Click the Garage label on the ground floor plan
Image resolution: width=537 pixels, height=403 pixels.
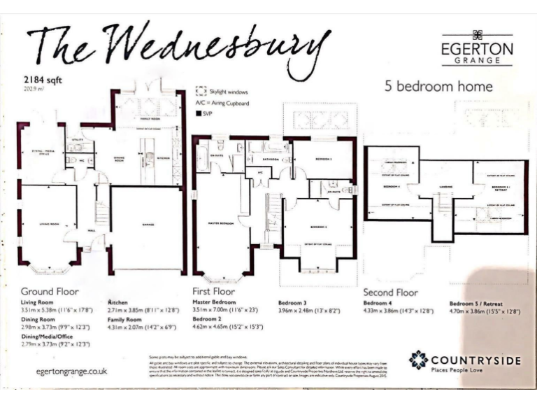[x=148, y=225]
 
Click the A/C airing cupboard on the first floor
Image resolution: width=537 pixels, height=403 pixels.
[x=259, y=171]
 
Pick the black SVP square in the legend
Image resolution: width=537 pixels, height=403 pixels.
[x=199, y=113]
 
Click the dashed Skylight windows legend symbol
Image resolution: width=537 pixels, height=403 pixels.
[x=201, y=91]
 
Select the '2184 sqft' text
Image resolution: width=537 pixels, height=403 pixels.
[x=43, y=80]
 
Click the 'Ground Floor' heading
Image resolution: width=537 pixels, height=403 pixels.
[x=50, y=291]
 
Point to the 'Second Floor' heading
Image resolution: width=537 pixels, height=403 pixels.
[x=391, y=292]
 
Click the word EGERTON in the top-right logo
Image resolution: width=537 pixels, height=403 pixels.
[x=476, y=50]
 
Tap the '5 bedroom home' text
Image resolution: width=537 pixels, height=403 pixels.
[x=439, y=87]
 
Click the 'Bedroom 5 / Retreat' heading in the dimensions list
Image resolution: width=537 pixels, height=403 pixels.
[x=478, y=303]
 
